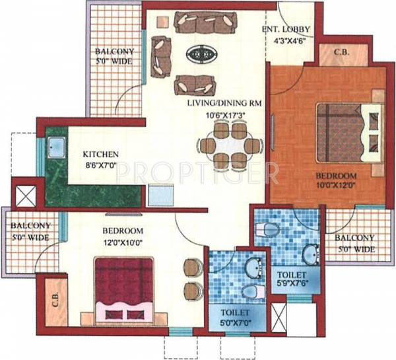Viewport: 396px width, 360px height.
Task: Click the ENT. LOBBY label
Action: [x=285, y=29]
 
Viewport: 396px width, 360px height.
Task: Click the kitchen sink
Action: [x=54, y=148]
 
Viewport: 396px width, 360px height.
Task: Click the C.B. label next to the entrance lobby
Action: [x=341, y=52]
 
